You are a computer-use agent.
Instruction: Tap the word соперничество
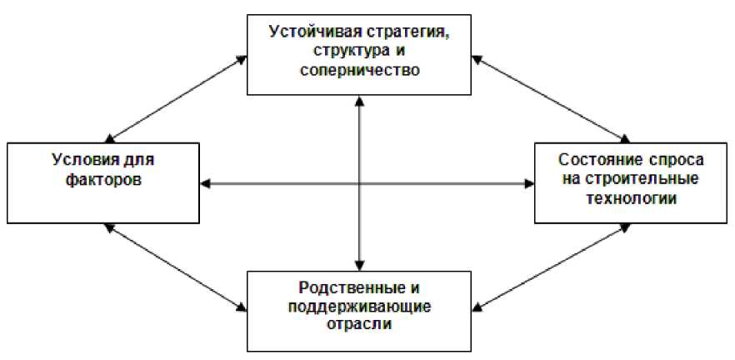[x=359, y=70]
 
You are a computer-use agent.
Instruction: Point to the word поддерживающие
[x=361, y=307]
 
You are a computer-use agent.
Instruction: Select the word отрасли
[x=361, y=325]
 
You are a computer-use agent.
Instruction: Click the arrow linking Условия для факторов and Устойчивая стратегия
[x=177, y=98]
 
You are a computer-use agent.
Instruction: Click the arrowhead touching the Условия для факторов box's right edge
[x=207, y=182]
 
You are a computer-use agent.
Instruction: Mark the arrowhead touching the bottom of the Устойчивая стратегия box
[x=359, y=100]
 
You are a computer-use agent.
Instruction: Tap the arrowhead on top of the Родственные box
[x=359, y=264]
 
